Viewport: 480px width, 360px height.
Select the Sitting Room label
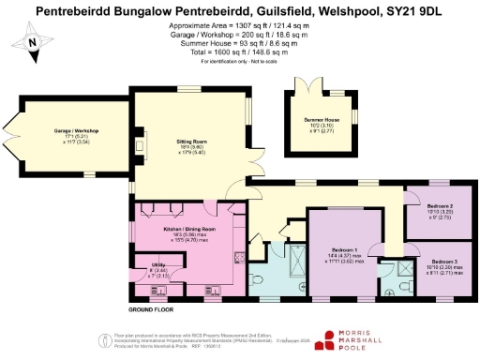coord(192,142)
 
